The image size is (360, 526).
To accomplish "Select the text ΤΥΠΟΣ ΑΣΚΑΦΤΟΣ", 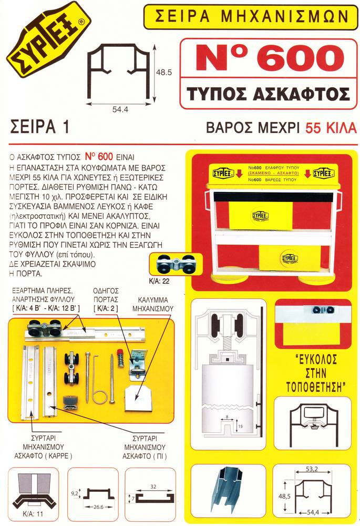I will pos(268,94).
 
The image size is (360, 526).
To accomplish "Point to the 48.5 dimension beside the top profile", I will pos(164,73).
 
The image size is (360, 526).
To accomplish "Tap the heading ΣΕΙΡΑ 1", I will pos(40,127).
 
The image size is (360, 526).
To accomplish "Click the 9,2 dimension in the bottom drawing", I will pos(75,493).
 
